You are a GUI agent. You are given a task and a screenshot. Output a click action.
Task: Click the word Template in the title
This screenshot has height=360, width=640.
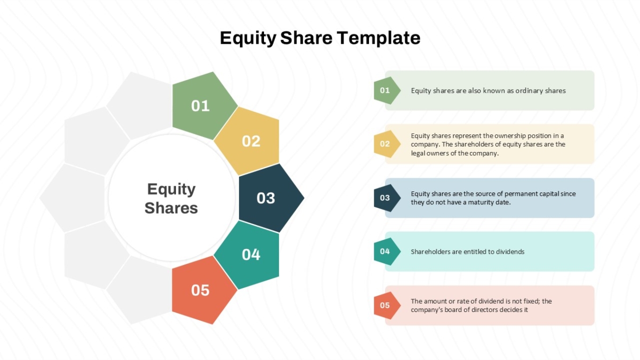(x=378, y=38)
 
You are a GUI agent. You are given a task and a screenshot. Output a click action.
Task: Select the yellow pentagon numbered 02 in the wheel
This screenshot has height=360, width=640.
(x=249, y=141)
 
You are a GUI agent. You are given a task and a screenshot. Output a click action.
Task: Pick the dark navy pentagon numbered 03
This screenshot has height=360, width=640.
(x=269, y=198)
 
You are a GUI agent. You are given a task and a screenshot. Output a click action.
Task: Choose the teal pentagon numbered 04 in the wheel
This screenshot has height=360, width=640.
(x=249, y=254)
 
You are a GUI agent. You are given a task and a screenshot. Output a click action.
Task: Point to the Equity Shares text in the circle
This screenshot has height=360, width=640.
(x=171, y=198)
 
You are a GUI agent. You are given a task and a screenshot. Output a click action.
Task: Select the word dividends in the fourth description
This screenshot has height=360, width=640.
(x=510, y=252)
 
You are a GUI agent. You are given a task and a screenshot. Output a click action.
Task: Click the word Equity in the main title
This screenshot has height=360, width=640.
(x=248, y=38)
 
